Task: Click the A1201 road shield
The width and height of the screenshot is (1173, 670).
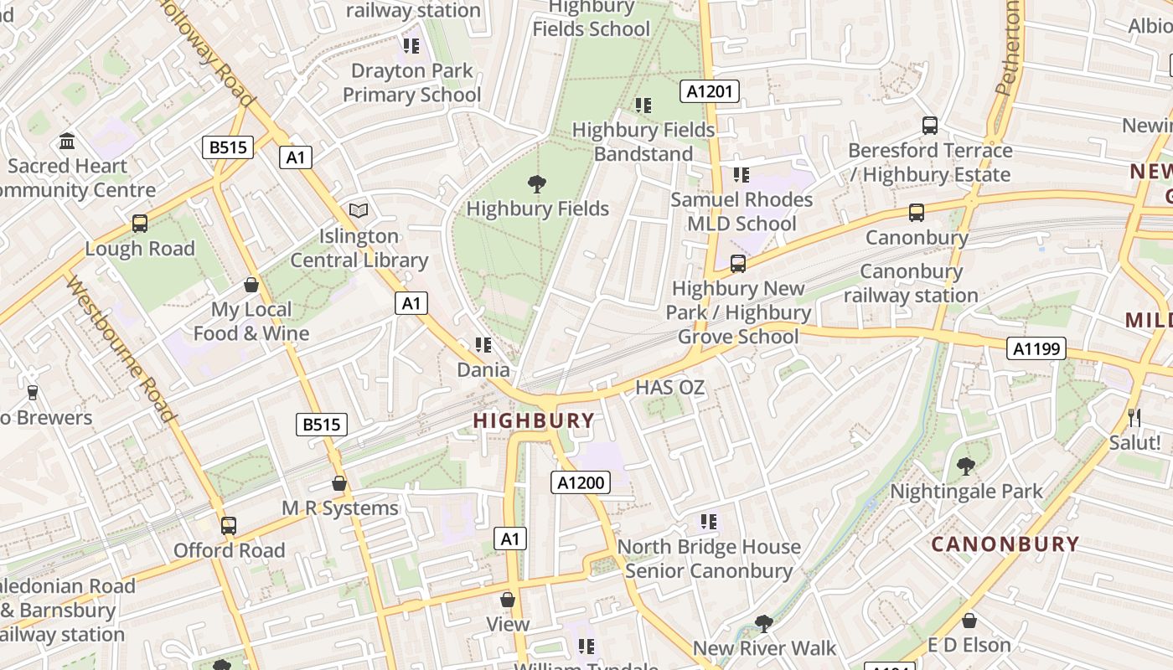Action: (x=710, y=91)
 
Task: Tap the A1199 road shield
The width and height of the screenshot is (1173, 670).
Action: (x=1036, y=348)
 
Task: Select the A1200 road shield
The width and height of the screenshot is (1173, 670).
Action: (x=581, y=482)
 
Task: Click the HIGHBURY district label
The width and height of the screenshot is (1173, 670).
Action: (x=534, y=420)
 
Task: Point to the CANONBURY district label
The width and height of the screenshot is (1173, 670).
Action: (x=1005, y=544)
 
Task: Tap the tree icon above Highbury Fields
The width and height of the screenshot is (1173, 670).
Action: (x=537, y=183)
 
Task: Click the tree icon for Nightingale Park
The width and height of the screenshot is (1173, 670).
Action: (x=966, y=466)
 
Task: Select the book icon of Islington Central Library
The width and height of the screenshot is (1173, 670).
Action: (x=359, y=210)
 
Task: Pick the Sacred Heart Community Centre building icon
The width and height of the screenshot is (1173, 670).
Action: (x=67, y=141)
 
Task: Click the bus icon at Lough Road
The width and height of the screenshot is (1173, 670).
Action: (x=140, y=224)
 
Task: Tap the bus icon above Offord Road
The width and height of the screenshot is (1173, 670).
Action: (x=229, y=526)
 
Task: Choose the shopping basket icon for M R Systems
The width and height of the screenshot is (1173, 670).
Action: (x=339, y=483)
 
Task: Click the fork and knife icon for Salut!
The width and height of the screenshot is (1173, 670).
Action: (x=1134, y=417)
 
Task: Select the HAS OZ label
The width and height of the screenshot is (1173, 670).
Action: (x=669, y=388)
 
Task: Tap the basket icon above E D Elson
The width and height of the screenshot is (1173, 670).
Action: (x=969, y=621)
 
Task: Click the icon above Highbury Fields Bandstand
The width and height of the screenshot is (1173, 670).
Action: (x=643, y=106)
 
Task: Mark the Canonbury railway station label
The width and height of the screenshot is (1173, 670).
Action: (x=911, y=283)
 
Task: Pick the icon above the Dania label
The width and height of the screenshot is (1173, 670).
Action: (x=483, y=345)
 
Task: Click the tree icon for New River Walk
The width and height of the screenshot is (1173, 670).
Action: (x=763, y=623)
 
